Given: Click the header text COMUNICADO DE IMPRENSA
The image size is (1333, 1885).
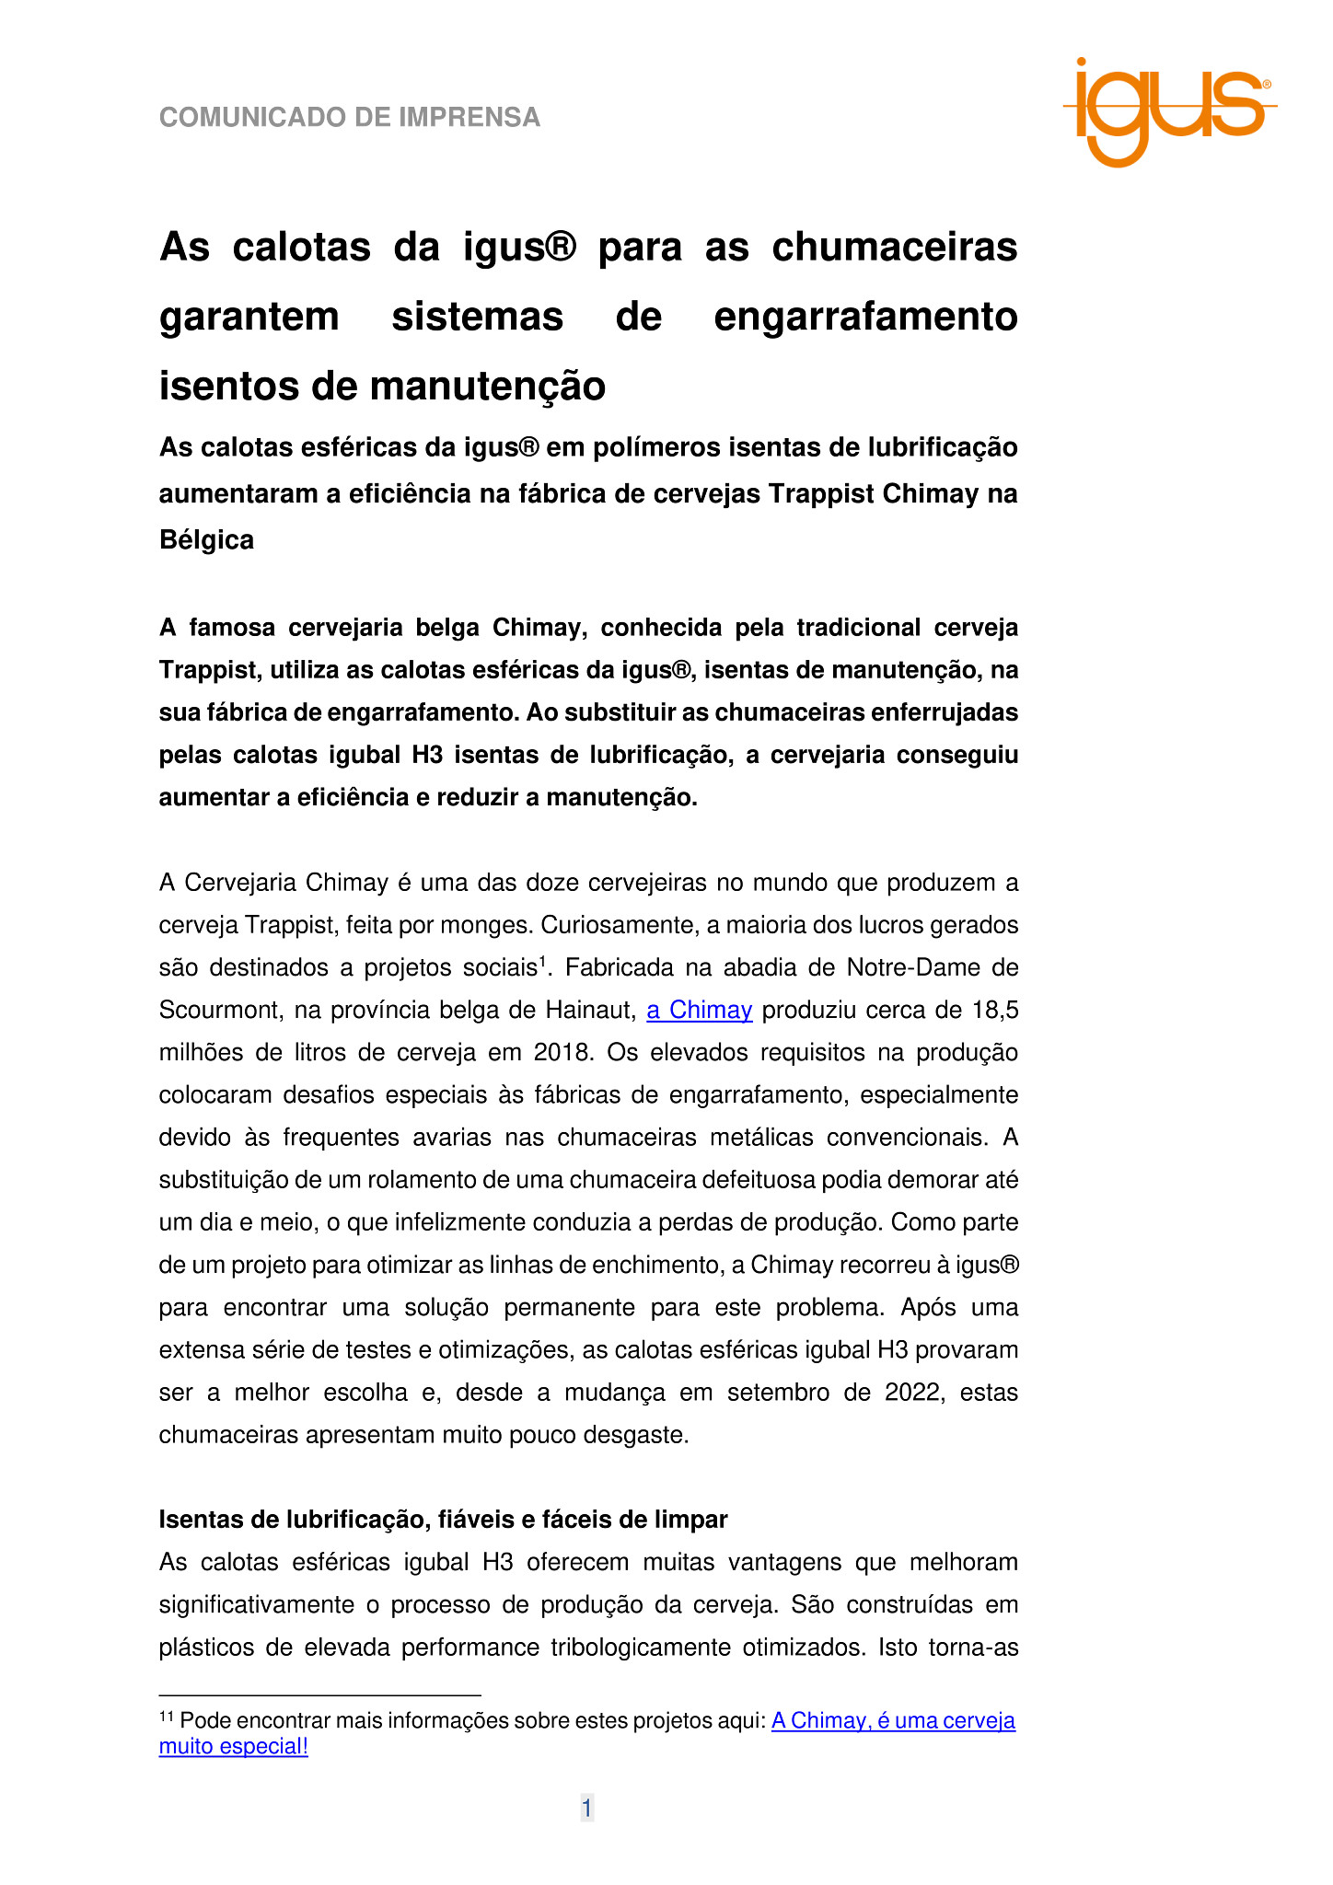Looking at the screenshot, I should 350,118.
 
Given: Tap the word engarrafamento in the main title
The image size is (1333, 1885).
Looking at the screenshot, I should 865,317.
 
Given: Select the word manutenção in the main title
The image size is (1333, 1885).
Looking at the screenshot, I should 487,386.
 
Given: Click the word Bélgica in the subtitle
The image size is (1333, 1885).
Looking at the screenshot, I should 206,539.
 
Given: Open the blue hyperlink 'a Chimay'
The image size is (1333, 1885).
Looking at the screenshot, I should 700,1010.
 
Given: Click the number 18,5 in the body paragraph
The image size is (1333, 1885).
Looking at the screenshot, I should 995,1010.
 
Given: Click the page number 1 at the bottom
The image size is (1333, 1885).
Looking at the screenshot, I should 586,1809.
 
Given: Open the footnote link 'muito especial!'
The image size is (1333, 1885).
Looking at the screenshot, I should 234,1746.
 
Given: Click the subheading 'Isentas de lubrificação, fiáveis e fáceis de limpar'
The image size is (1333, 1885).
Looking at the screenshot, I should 443,1519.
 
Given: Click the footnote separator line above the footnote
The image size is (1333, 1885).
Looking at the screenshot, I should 319,1694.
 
